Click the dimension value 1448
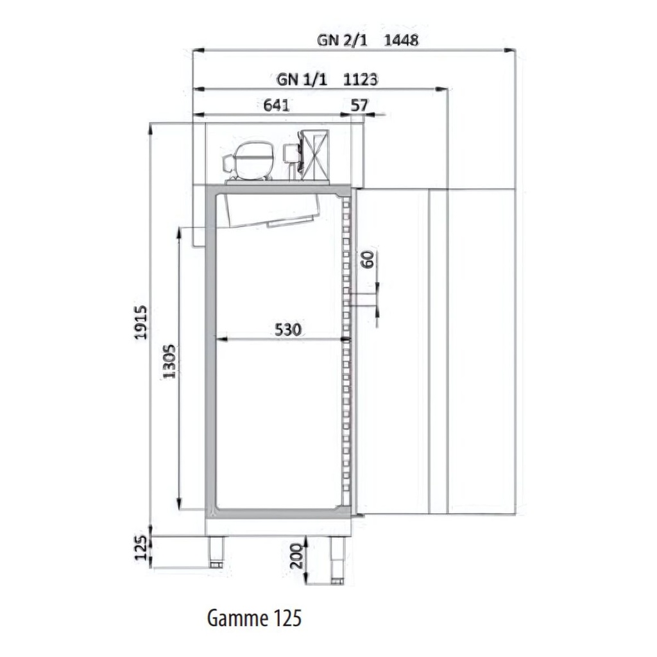coord(401,40)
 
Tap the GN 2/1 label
coord(342,40)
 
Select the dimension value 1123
coord(361,79)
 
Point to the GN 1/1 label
coord(302,79)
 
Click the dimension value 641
coord(276,105)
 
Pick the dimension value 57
coord(359,105)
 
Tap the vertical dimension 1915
coord(141,322)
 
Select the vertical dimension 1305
coord(169,362)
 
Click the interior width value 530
coord(288,329)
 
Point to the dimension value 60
coord(368,259)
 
